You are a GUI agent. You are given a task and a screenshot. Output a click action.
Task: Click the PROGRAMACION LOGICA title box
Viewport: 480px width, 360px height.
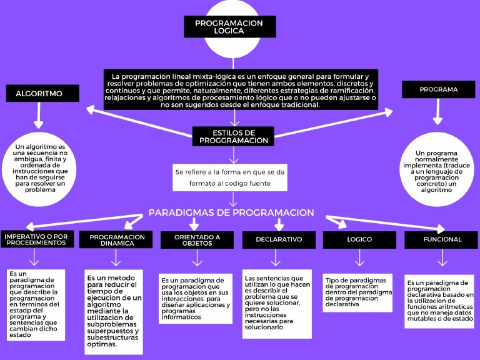tap(229, 27)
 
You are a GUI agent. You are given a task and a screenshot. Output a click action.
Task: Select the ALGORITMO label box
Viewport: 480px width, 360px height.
tap(43, 94)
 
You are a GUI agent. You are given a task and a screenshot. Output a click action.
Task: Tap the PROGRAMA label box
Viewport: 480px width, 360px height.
tap(438, 89)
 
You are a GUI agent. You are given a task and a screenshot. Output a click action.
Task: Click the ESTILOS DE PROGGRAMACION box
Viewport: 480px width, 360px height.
tap(233, 136)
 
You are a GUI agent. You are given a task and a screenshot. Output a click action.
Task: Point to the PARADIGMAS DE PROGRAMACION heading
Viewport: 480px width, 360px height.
tap(231, 213)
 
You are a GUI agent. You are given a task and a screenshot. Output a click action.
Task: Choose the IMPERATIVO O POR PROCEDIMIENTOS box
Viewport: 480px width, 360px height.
tap(35, 239)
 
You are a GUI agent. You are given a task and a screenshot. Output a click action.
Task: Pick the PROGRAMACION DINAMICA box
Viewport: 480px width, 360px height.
tap(116, 240)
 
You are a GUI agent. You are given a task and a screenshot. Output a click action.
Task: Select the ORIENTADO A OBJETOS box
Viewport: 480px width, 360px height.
tap(197, 239)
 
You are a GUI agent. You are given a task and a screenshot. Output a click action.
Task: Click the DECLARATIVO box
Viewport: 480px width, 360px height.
tap(279, 239)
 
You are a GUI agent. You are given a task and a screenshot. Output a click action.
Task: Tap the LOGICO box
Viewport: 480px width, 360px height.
tap(359, 239)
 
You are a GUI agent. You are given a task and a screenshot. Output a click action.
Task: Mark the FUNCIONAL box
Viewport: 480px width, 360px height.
tap(442, 239)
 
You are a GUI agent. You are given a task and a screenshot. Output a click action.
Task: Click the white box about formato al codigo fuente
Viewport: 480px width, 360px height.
tap(231, 177)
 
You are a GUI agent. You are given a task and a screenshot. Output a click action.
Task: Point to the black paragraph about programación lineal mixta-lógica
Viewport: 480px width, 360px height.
tap(241, 89)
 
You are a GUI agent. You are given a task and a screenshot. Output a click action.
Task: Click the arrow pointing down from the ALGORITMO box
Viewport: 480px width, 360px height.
tap(40, 116)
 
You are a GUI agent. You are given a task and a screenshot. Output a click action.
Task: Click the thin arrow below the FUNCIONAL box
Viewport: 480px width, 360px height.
tap(442, 257)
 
